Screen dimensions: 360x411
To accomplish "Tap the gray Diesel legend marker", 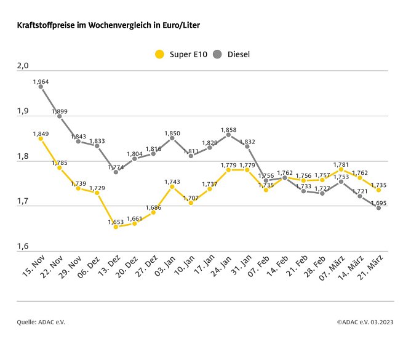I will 217,54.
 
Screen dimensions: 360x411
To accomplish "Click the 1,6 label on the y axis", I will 23,247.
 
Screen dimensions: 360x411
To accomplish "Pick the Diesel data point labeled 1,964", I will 41,87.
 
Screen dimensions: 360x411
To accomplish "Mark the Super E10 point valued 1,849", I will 41,139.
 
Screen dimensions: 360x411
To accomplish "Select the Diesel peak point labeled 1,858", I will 228,135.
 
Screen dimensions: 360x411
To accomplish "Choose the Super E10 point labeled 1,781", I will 341,169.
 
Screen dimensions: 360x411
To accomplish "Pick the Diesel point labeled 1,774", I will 116,172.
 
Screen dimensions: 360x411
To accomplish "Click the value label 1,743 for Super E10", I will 172,181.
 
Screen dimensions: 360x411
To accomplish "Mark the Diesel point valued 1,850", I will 172,138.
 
